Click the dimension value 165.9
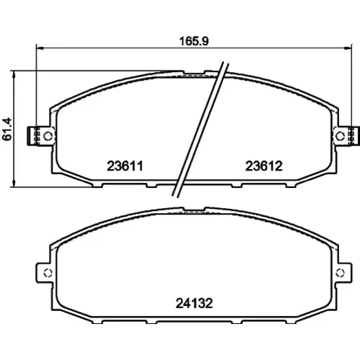coord(194,41)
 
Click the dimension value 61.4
coord(6,129)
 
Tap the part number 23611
coord(125,166)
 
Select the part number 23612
coord(264,166)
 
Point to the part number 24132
coord(194,303)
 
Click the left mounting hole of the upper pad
coord(48,136)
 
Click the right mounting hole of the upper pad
coord(340,136)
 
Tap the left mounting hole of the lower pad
coord(48,273)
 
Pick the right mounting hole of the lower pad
coord(340,273)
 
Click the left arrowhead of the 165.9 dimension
coord(39,48)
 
